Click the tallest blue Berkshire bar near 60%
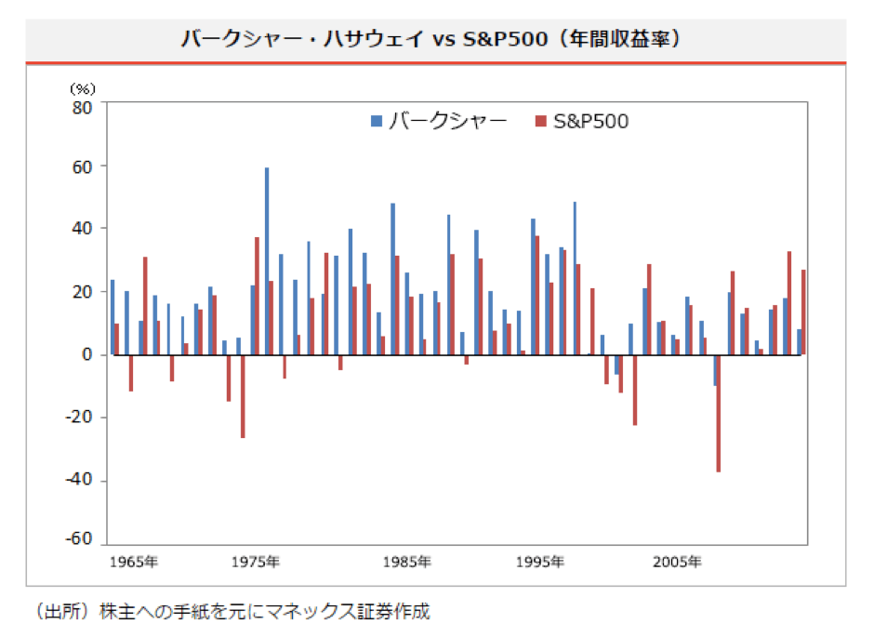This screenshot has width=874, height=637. pos(267,261)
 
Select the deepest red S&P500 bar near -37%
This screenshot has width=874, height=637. pos(718,413)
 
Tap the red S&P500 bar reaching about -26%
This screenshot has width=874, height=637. pos(243,396)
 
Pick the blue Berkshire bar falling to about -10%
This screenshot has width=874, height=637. pos(714,370)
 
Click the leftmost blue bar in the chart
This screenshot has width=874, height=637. pos(113,317)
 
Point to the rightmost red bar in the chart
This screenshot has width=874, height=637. pos(803,312)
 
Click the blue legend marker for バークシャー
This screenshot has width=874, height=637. pos(376,121)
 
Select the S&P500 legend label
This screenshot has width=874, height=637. pos(590,121)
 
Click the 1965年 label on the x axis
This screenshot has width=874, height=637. pos(133,562)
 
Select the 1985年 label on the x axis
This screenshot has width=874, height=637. pos(406,562)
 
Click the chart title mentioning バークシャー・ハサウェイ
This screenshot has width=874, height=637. pos(435,40)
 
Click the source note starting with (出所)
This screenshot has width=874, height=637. pos(232,612)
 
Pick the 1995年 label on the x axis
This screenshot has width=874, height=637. pos(541,562)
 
